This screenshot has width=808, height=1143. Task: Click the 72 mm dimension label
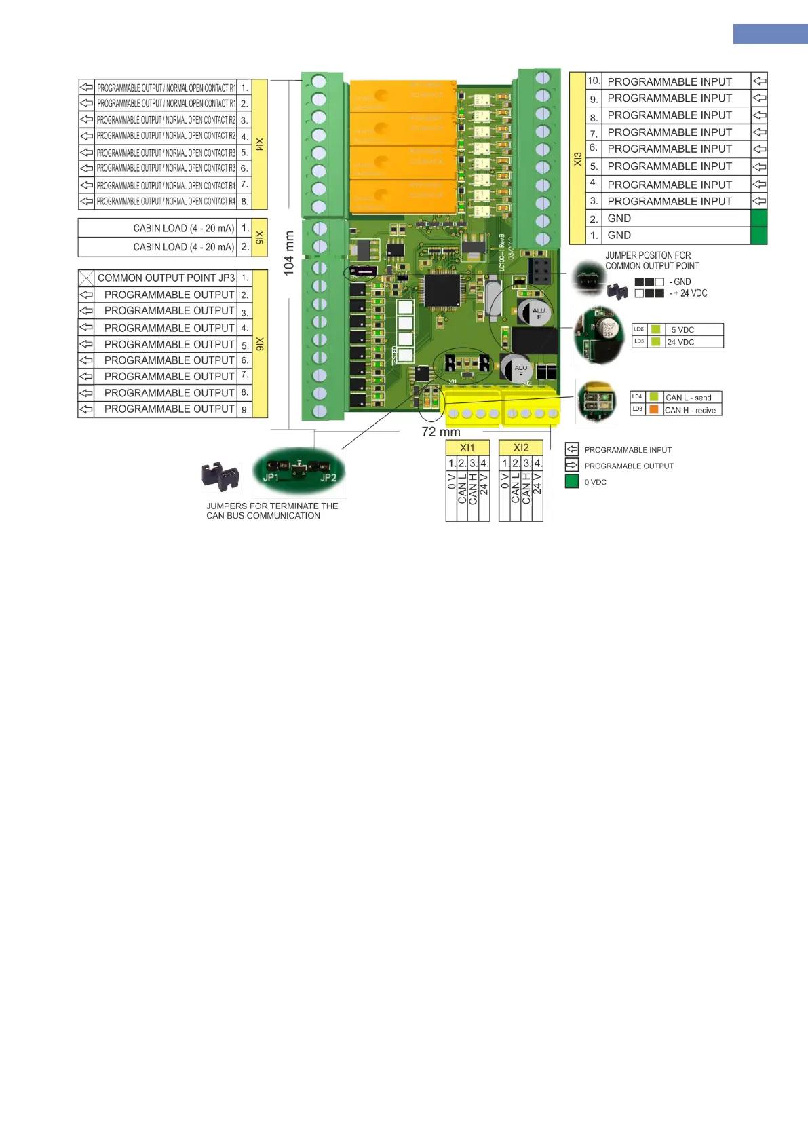[x=441, y=432]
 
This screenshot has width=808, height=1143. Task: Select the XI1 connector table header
[x=467, y=448]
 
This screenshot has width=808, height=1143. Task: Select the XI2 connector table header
[x=521, y=448]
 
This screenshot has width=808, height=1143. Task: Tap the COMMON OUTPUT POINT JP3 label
[x=166, y=278]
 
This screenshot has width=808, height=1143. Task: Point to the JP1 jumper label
[x=271, y=477]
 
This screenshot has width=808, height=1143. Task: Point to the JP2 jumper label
[x=328, y=477]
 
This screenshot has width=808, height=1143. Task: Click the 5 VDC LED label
[x=682, y=330]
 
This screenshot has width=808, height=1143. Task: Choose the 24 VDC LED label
[x=680, y=342]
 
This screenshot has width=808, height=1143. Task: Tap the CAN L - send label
[x=689, y=398]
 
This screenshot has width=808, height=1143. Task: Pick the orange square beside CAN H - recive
[x=654, y=409]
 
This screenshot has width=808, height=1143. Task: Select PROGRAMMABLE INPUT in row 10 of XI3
[x=670, y=81]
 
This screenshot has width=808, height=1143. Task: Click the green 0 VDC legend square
[x=572, y=481]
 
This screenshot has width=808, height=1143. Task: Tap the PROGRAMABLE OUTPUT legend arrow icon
[x=572, y=465]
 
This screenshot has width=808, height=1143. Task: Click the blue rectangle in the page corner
[x=770, y=34]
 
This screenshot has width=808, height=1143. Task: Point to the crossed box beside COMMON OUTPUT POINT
[x=86, y=278]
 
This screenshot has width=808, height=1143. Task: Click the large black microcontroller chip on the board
[x=442, y=291]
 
